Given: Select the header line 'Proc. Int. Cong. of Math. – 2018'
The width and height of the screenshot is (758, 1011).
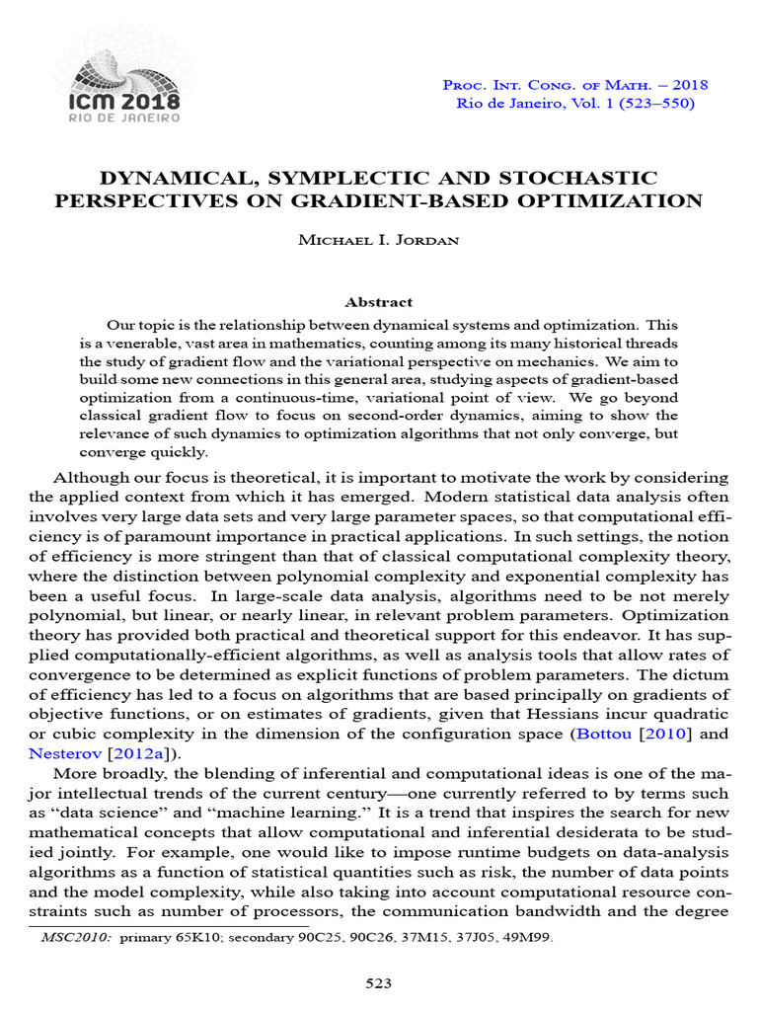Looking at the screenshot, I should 575,85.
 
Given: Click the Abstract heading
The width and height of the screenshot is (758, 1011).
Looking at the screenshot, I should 378,302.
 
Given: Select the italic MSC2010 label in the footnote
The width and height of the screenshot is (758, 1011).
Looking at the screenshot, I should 77,938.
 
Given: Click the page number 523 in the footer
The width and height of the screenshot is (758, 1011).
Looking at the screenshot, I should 378,983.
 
